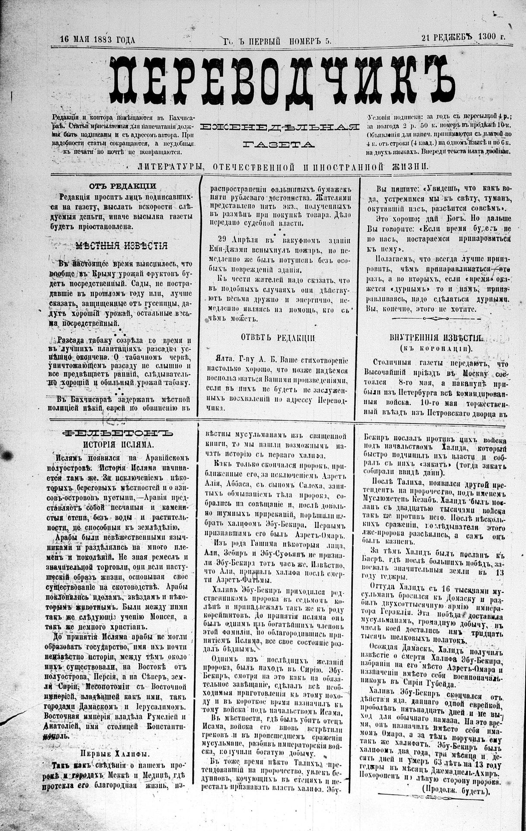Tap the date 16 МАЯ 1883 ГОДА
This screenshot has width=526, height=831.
tap(98, 40)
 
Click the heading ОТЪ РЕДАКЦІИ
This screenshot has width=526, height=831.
tap(123, 186)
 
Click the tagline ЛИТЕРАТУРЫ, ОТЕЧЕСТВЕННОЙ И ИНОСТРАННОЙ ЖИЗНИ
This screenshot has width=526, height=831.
tap(283, 166)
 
